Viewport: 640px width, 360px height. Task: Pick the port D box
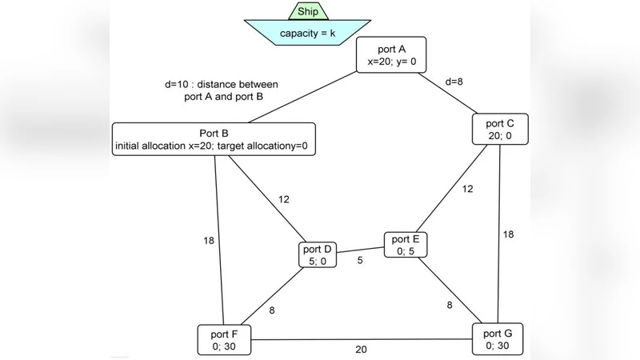[x=318, y=255]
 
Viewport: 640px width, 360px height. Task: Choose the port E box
[x=406, y=245]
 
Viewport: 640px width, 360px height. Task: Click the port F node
[x=224, y=339]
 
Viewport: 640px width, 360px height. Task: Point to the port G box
[x=498, y=339]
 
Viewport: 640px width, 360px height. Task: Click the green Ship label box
[x=308, y=10]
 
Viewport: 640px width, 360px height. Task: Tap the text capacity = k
[x=308, y=34]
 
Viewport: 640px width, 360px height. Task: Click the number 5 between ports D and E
[x=360, y=260]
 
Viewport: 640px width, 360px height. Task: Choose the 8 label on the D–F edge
[x=272, y=310]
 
